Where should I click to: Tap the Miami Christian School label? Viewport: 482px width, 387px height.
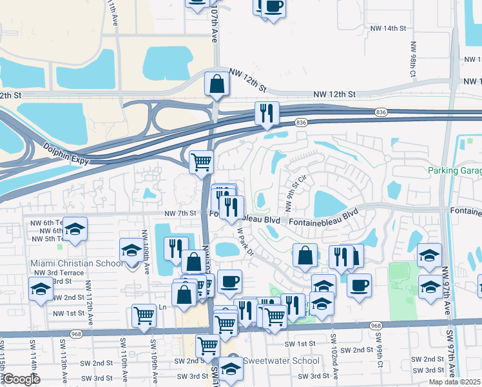(77, 263)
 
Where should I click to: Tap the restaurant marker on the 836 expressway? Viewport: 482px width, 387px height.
(265, 114)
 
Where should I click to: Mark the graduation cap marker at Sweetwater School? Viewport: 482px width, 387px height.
(230, 369)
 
